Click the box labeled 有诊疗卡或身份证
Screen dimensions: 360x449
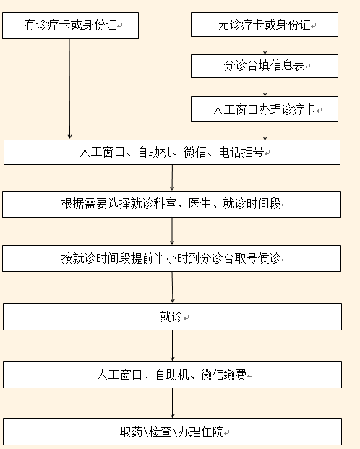(70, 25)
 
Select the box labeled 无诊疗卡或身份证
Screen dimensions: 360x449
(265, 25)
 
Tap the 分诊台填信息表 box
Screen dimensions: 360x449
(265, 66)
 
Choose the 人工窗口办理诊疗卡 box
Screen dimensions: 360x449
(265, 109)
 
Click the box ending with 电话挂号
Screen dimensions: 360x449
(172, 152)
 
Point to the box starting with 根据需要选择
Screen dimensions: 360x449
(171, 204)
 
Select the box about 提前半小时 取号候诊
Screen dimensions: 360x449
(171, 258)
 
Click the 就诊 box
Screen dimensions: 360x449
(173, 317)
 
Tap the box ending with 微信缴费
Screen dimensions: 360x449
(173, 375)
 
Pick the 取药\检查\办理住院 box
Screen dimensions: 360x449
(173, 432)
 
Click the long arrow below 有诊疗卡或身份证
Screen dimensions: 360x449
(69, 89)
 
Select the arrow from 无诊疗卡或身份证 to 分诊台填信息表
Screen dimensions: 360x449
(265, 46)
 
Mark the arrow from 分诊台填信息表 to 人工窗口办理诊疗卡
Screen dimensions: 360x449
(265, 87)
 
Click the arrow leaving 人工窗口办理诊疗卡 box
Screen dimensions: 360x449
(265, 131)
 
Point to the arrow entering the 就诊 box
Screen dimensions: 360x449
(173, 287)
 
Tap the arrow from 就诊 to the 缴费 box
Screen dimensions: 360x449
(173, 346)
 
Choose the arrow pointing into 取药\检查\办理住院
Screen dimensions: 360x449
(173, 403)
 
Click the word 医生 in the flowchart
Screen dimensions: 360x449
(200, 204)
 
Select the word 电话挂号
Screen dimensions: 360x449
(241, 152)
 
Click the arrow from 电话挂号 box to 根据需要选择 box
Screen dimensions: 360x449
(172, 178)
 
